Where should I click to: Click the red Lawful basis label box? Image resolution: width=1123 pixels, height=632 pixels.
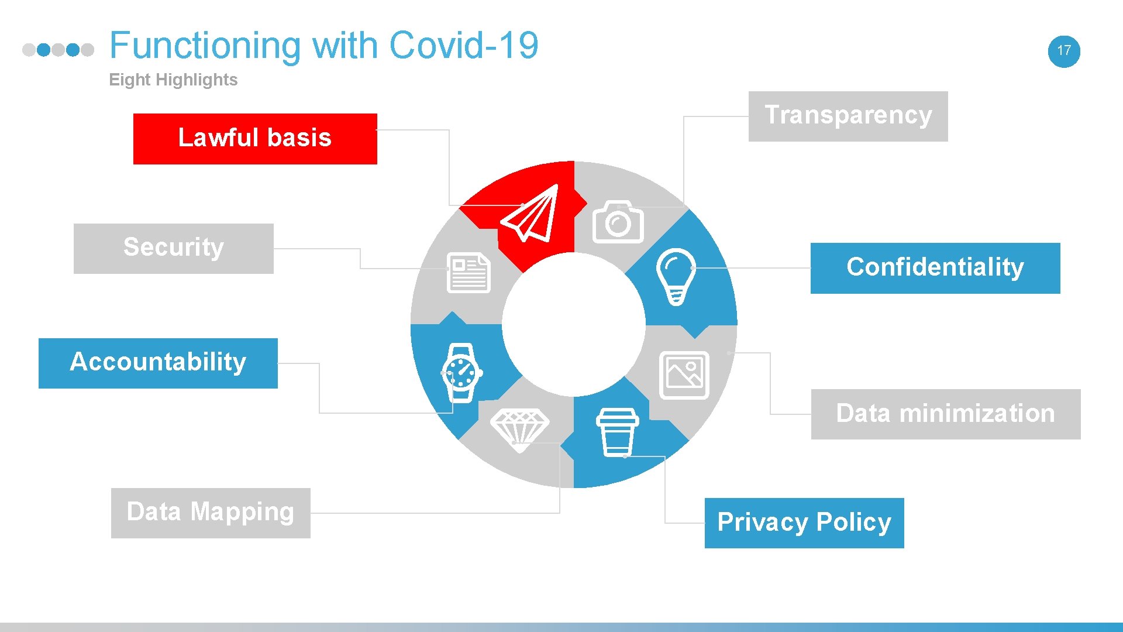[x=255, y=139]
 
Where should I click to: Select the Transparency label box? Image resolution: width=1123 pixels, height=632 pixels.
[x=848, y=116]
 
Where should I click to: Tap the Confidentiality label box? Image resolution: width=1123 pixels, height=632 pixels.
[x=935, y=268]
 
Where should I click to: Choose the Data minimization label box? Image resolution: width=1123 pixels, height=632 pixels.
[x=945, y=414]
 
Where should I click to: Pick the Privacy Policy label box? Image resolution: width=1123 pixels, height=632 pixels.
[x=804, y=523]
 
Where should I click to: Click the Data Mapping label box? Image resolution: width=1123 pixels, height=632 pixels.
[x=211, y=513]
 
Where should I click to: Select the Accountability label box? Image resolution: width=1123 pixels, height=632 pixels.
[x=158, y=363]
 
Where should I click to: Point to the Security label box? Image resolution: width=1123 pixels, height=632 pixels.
[x=173, y=248]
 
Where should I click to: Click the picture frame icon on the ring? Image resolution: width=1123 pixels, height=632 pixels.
[x=684, y=375]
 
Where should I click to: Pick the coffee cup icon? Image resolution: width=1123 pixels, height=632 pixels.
[x=617, y=432]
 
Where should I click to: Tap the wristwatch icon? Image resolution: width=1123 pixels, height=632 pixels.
[x=461, y=373]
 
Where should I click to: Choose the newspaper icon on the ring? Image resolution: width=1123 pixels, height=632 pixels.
[x=468, y=273]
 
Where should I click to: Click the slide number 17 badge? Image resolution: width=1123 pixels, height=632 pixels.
[x=1064, y=51]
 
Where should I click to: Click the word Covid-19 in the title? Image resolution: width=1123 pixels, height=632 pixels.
[x=463, y=46]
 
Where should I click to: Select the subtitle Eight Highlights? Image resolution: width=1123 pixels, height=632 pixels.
[x=173, y=80]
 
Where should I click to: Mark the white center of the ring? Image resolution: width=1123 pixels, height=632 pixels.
[x=574, y=324]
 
